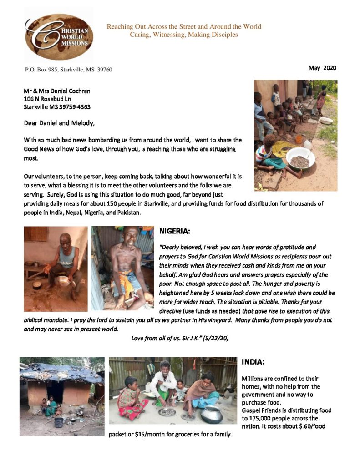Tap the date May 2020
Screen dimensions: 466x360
click(322, 68)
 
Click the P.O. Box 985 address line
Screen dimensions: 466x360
click(68, 70)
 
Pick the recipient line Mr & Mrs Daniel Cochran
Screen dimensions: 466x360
click(57, 91)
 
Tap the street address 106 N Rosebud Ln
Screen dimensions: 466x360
click(47, 99)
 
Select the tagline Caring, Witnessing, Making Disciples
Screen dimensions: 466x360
click(184, 35)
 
